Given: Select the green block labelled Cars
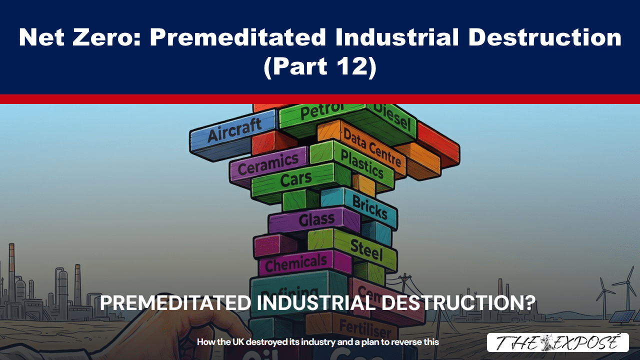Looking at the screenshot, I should coord(295,180).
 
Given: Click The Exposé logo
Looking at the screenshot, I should coord(557,342).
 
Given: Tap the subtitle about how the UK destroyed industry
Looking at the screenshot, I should coord(317,342).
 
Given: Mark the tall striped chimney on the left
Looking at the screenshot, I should coord(11,265).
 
